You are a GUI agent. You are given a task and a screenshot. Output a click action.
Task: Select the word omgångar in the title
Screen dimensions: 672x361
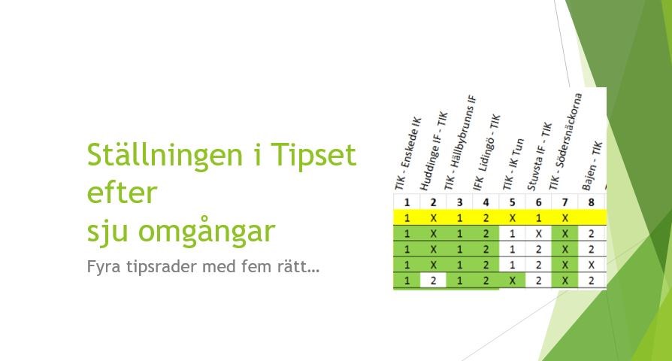pyautogui.click(x=207, y=232)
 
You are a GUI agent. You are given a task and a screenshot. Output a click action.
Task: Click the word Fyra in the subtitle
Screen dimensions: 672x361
pyautogui.click(x=104, y=267)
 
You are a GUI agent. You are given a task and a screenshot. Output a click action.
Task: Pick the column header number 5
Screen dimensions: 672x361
pyautogui.click(x=512, y=202)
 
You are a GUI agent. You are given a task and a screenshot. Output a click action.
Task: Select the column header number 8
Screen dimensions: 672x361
pyautogui.click(x=592, y=202)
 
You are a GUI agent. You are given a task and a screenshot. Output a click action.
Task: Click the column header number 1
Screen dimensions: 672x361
pyautogui.click(x=407, y=202)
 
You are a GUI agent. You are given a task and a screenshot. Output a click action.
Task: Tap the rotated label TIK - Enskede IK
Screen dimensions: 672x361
pyautogui.click(x=408, y=154)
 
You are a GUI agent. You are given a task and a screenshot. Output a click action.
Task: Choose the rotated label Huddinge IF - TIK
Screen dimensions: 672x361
pyautogui.click(x=434, y=151)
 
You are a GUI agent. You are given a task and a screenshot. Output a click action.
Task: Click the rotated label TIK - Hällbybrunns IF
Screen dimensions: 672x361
pyautogui.click(x=460, y=143)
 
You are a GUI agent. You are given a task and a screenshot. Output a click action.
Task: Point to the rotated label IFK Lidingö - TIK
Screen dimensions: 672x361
pyautogui.click(x=487, y=153)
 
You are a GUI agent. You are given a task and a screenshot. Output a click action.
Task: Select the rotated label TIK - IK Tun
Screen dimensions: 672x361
pyautogui.click(x=513, y=164)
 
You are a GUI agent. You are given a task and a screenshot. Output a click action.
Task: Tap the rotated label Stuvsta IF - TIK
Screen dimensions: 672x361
pyautogui.click(x=540, y=157)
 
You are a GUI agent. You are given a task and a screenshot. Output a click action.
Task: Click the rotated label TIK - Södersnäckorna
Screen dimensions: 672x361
pyautogui.click(x=566, y=141)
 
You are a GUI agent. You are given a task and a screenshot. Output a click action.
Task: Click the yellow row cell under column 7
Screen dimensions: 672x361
pyautogui.click(x=565, y=218)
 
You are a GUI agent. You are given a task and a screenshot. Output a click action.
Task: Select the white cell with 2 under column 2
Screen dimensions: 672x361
pyautogui.click(x=433, y=281)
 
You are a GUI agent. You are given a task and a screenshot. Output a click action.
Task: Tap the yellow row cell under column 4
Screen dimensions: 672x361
pyautogui.click(x=486, y=218)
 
